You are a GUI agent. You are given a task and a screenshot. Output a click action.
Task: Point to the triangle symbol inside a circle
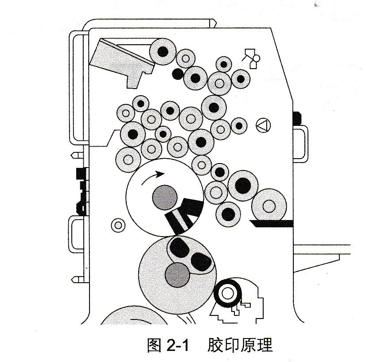264,126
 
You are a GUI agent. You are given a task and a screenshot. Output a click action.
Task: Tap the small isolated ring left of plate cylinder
118,225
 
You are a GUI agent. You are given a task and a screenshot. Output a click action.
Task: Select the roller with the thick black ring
228,293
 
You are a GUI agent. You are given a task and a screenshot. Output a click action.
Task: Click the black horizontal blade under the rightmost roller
271,223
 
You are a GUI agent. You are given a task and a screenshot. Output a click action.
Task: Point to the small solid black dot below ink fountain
178,74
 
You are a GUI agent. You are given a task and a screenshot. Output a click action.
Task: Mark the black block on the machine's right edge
296,118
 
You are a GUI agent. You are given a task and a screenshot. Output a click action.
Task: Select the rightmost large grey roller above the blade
269,205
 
